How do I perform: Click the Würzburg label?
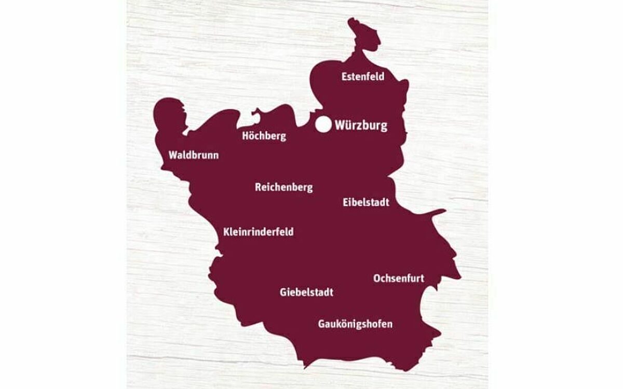click(361, 126)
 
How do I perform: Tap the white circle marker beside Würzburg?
click(323, 124)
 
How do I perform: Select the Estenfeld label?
click(363, 77)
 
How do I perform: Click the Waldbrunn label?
click(193, 155)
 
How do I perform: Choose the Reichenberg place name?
click(283, 187)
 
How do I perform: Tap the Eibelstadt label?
click(365, 202)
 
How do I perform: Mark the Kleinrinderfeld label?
click(258, 232)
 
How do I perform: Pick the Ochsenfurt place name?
click(398, 279)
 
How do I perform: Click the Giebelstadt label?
click(306, 293)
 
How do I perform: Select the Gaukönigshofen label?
click(355, 325)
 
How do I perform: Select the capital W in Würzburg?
click(341, 126)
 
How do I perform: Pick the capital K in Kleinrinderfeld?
click(226, 232)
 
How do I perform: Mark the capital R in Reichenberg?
click(258, 187)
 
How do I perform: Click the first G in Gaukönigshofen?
click(321, 325)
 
